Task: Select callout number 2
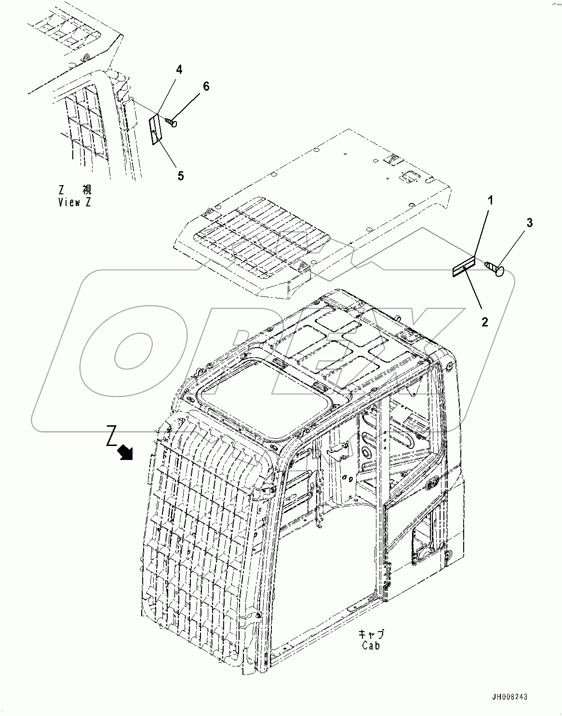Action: click(x=485, y=322)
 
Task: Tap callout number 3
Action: click(x=529, y=223)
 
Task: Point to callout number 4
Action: click(x=179, y=70)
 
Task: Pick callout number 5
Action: click(x=180, y=176)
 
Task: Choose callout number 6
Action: click(x=206, y=86)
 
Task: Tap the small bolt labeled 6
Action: click(x=171, y=122)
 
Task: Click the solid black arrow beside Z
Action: click(x=127, y=452)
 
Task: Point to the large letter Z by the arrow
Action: click(x=111, y=436)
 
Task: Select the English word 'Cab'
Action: click(x=371, y=646)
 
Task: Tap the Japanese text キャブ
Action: click(x=371, y=634)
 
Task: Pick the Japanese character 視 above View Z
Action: click(x=87, y=190)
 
